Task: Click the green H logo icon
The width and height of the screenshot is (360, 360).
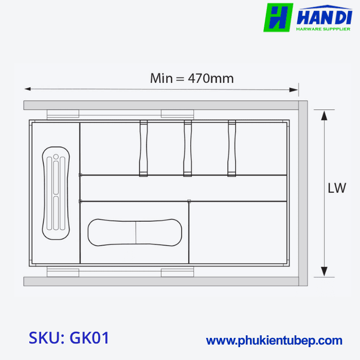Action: [278, 17]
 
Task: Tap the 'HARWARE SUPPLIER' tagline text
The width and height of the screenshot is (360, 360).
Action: [323, 29]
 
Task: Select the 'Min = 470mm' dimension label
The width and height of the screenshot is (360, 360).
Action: [192, 79]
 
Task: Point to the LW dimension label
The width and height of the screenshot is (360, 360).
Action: [337, 188]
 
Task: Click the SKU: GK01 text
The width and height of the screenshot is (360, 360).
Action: [69, 338]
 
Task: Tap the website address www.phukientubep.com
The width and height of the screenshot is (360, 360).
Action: [274, 340]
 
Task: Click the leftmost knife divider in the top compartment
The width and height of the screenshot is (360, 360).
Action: [143, 148]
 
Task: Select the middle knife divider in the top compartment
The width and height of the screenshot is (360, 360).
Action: [188, 148]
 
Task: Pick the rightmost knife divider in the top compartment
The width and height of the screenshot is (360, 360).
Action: [232, 148]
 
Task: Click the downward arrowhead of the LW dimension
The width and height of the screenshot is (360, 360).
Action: [324, 272]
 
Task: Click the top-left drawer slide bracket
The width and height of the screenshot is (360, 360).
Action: [62, 114]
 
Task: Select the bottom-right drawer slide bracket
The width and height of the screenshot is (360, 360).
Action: [177, 272]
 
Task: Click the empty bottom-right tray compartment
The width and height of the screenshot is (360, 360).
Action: [238, 232]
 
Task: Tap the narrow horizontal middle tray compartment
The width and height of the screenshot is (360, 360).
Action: [184, 188]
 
